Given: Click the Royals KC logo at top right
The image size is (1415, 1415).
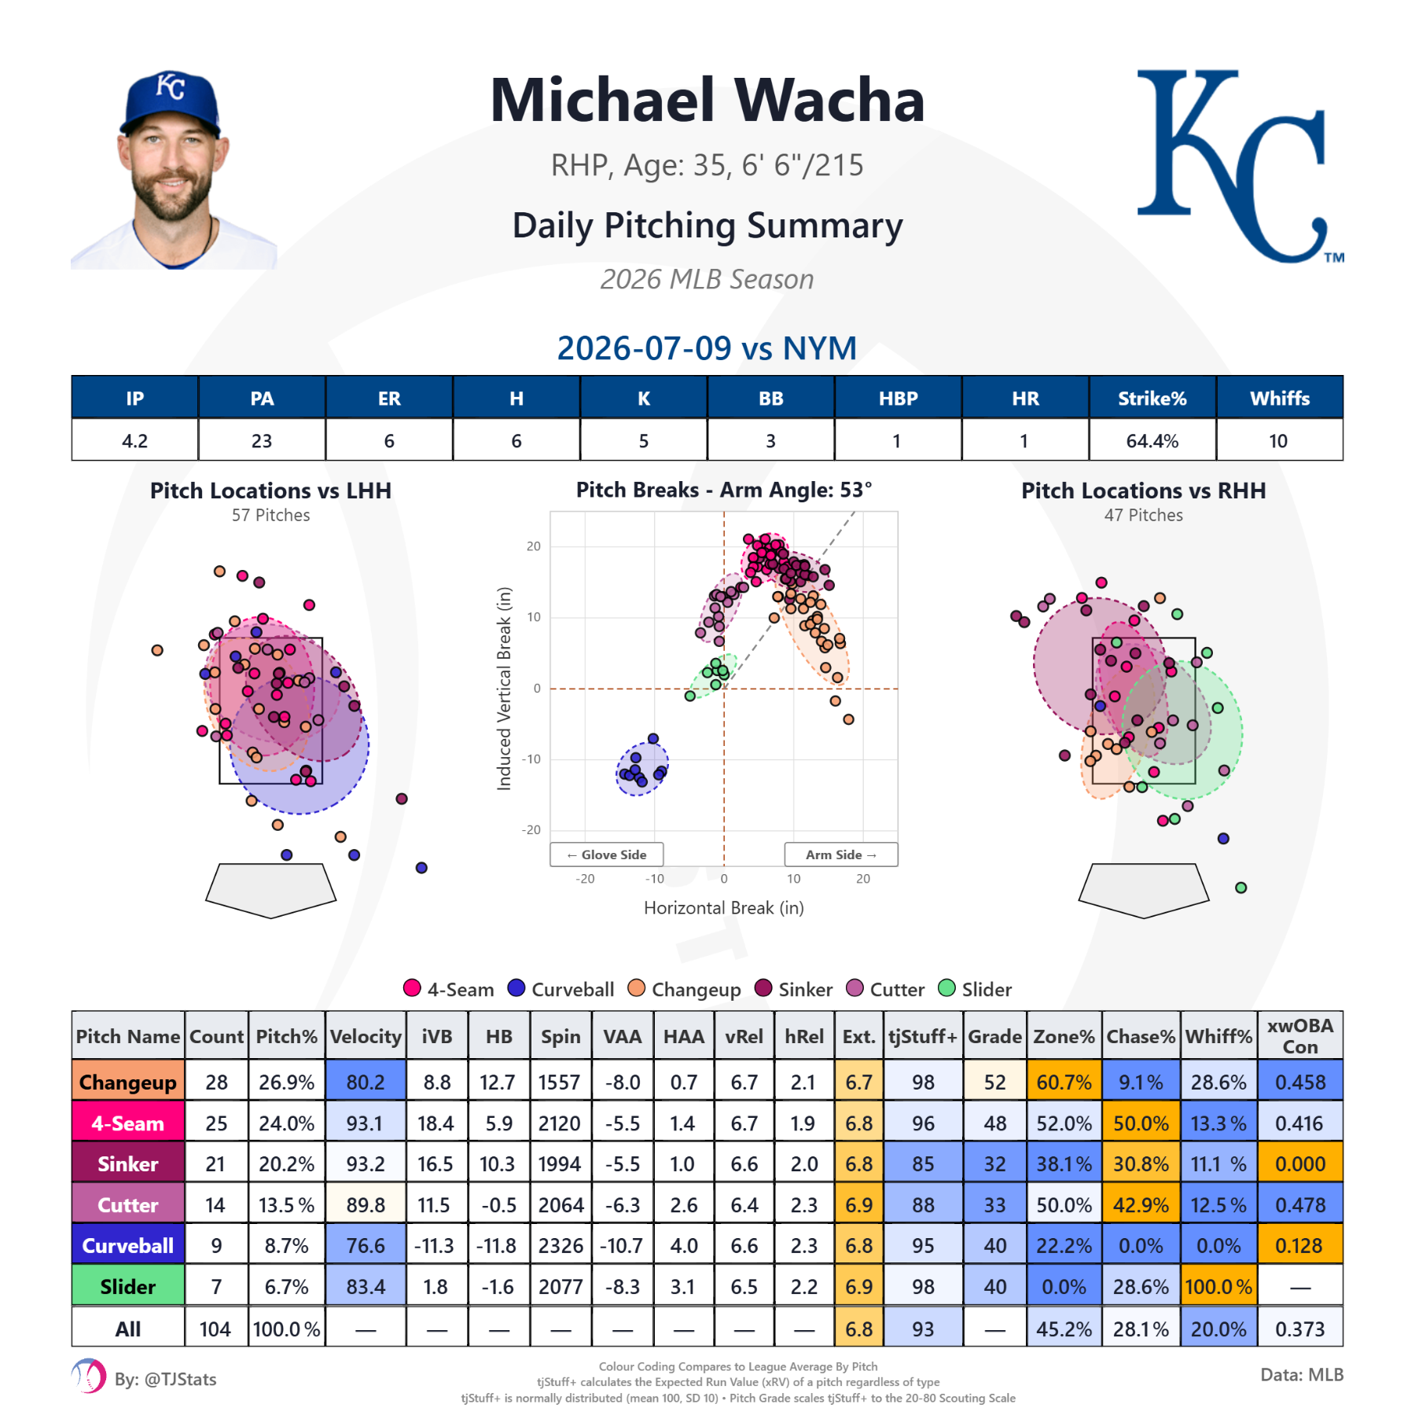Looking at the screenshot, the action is click(1238, 166).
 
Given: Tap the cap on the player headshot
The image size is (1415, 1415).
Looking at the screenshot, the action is click(171, 103).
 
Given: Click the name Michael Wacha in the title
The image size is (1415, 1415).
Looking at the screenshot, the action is click(707, 101).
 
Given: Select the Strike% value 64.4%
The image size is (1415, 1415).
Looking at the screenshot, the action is click(1152, 441).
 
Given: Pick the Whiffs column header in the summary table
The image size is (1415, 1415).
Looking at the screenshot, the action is click(1280, 399).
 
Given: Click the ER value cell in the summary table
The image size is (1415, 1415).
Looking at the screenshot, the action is click(389, 441).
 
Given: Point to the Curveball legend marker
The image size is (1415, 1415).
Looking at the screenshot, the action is click(516, 988).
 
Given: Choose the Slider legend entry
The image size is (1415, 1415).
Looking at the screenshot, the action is click(975, 989).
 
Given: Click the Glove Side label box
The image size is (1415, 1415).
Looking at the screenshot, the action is click(607, 855).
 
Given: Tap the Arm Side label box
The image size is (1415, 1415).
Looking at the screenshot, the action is click(841, 855).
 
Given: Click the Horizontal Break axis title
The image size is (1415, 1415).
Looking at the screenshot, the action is click(724, 908).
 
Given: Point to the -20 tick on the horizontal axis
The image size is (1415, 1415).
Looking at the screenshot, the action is click(585, 879).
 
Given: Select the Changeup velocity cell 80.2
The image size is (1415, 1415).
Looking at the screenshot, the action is click(366, 1082).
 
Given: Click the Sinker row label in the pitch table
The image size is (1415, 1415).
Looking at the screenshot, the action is click(128, 1164).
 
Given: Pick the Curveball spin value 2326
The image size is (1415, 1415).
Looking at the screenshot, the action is click(561, 1246).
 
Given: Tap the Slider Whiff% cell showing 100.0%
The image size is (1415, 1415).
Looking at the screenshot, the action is click(1218, 1287).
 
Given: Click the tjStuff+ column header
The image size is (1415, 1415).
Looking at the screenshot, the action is click(924, 1036).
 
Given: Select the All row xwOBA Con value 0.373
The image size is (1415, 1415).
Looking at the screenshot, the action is click(1300, 1329).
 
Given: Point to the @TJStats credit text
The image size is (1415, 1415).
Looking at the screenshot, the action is click(165, 1380).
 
